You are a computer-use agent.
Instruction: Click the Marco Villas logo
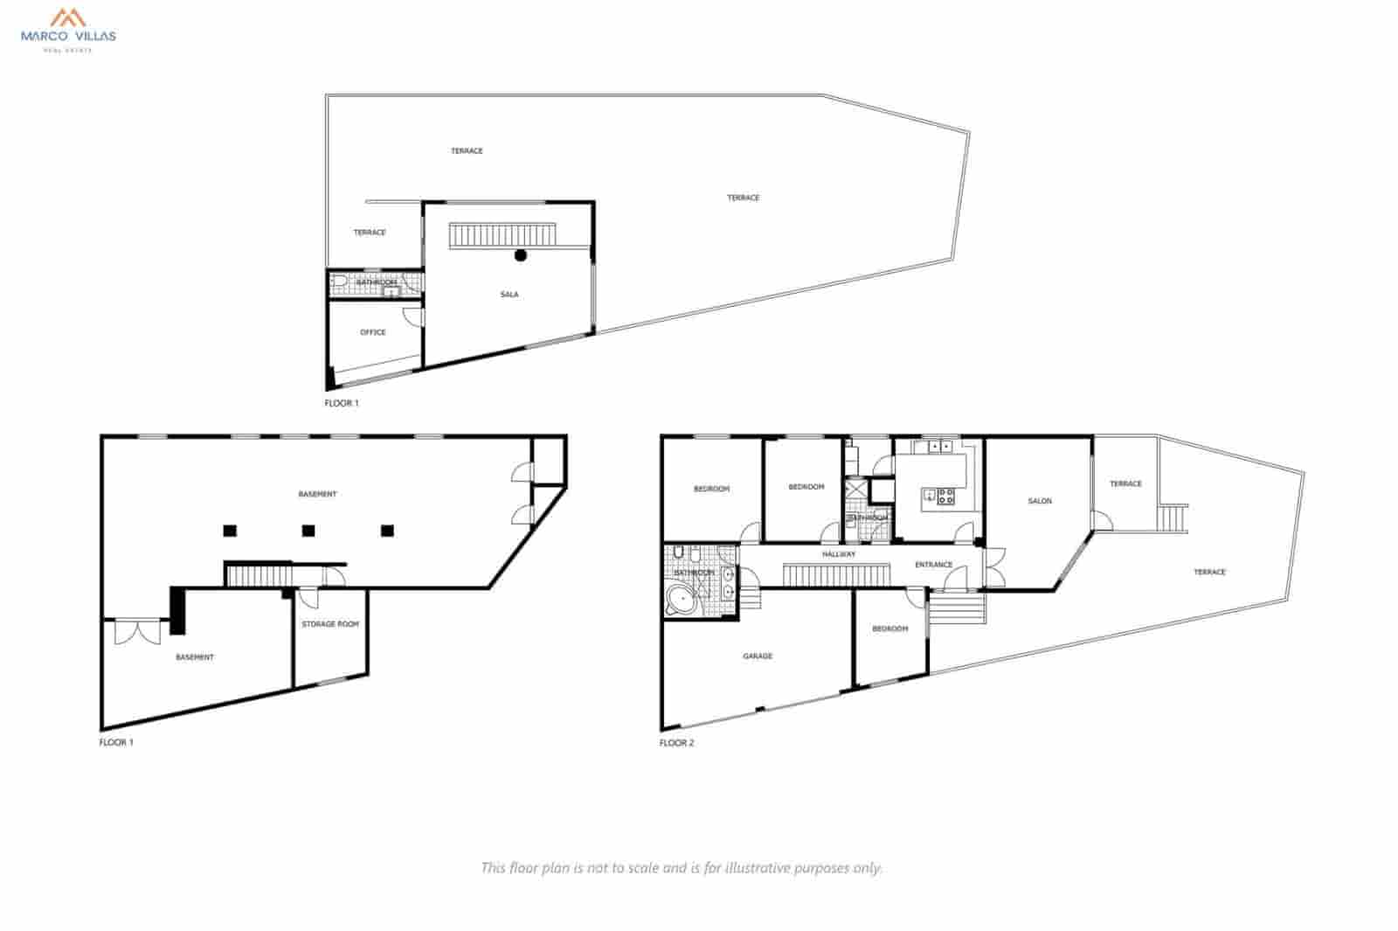67,28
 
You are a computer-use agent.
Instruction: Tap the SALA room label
509,295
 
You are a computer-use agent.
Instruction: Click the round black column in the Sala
521,255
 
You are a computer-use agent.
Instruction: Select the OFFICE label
373,332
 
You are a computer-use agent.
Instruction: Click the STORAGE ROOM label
330,624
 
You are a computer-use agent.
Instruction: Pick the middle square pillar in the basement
308,530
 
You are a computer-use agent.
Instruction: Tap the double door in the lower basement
137,632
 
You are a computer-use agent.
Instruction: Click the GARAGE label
758,657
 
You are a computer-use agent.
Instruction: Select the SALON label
1040,501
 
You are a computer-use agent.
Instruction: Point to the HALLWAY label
839,554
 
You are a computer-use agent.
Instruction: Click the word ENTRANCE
933,565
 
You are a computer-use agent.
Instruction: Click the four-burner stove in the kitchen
945,497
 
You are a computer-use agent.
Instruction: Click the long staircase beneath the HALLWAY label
836,575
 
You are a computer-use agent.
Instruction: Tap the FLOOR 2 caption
676,743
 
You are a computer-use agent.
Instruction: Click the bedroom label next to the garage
889,629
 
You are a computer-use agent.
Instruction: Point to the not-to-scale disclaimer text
682,868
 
